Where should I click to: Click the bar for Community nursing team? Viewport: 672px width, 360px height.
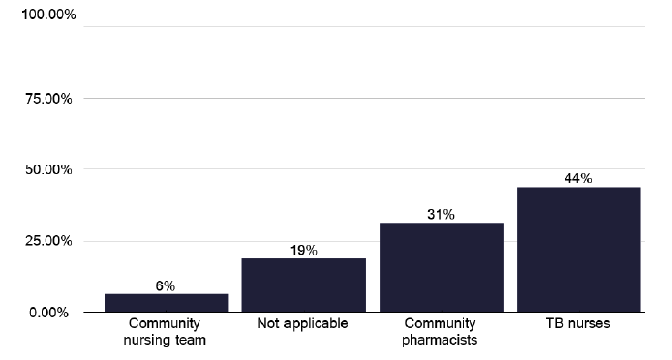point(165,303)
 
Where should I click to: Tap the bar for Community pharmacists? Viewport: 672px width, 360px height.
point(441,268)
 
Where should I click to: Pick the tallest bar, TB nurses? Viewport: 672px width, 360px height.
point(578,250)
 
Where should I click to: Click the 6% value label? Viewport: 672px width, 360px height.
point(165,285)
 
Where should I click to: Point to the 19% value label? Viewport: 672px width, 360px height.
point(303,251)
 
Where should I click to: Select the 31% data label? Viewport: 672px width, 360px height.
point(441,215)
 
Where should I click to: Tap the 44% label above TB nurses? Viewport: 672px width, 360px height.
point(578,178)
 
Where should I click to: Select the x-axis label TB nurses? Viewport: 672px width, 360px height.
point(578,323)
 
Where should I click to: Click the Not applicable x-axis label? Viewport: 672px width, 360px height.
point(302,323)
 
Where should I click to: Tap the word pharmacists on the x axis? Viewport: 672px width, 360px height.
point(441,339)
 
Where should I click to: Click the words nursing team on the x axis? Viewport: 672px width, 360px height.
point(165,339)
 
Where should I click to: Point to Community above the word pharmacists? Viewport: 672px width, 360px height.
point(441,323)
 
